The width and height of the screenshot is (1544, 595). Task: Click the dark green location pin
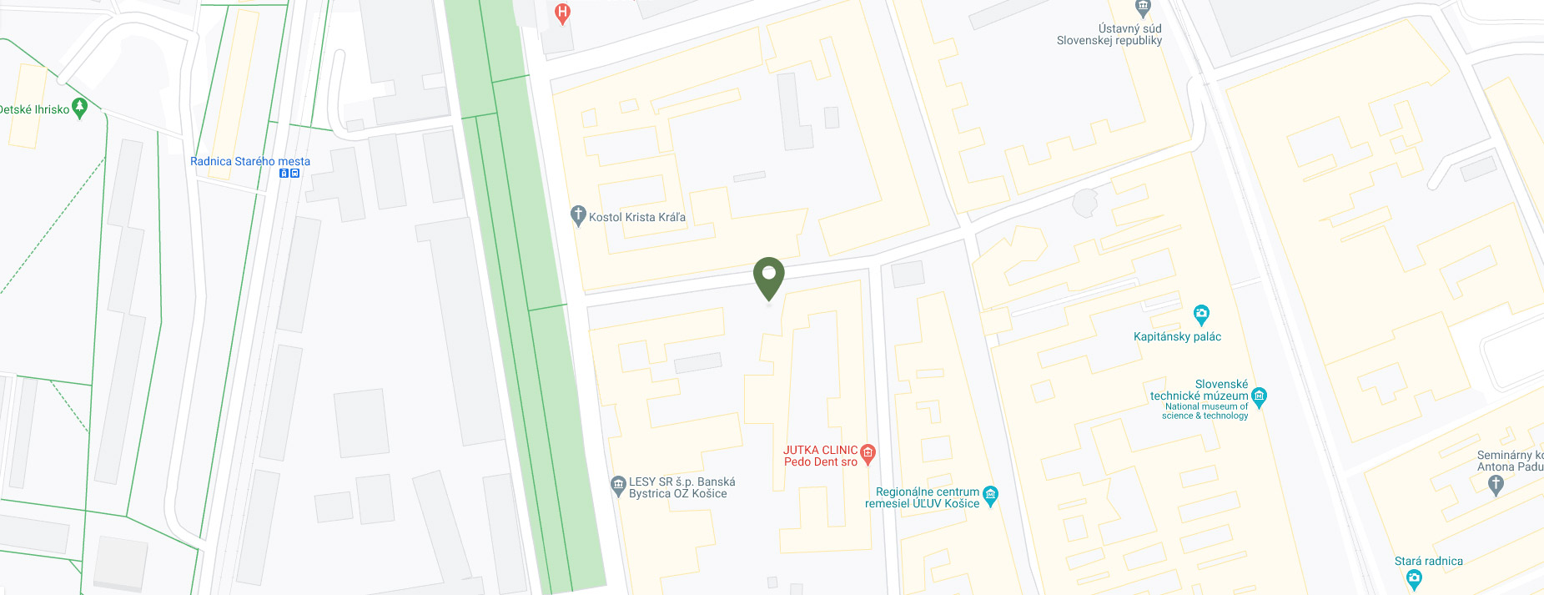coord(768,276)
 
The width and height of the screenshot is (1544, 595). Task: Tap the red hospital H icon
coord(562,13)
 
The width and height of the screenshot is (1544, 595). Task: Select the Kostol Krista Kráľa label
coord(637,217)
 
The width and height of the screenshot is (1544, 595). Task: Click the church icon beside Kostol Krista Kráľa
coord(577,215)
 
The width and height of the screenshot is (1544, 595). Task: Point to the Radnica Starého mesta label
coord(250,161)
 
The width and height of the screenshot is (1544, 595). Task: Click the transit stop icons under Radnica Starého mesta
coord(289,174)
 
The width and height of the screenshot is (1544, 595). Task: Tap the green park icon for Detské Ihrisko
coord(80,107)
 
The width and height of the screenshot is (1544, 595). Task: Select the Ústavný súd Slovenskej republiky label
coord(1109,34)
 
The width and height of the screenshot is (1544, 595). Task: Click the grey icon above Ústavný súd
coord(1143,8)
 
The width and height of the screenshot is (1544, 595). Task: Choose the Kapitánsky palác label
coord(1177,337)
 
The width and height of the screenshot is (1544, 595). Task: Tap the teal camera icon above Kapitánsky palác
coord(1201,315)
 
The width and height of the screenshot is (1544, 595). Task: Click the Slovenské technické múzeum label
coord(1199,391)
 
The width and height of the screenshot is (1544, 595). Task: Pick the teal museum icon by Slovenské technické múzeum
coord(1260,396)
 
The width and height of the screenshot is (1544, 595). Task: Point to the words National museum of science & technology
coord(1205,411)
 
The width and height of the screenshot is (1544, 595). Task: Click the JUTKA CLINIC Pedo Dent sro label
coord(820,456)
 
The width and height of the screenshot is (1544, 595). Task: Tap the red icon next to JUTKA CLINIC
coord(868,453)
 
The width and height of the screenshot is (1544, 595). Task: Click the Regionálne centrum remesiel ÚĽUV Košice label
coord(922,497)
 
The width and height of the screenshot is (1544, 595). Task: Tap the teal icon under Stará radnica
coord(1413,578)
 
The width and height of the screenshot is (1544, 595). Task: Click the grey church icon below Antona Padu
coord(1496,484)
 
